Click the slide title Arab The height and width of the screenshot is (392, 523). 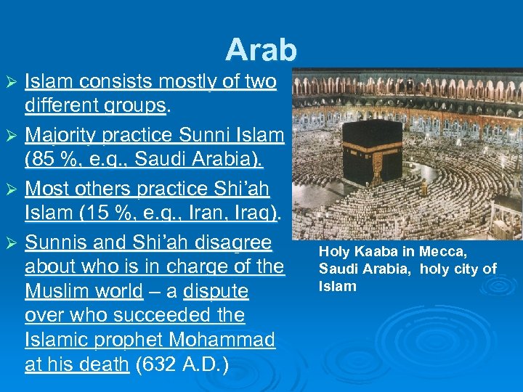point(261,49)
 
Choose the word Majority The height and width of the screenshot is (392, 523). point(60,134)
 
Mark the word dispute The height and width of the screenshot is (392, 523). point(216,291)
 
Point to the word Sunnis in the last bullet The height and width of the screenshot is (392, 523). point(56,242)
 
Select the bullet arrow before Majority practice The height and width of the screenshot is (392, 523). point(10,136)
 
